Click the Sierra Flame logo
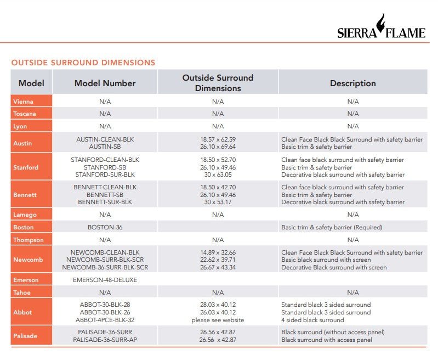pos(381,28)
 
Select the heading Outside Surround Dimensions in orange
pos(83,63)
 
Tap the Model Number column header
pos(105,83)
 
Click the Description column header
pos(352,83)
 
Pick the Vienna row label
pos(23,102)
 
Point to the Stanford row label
pos(26,167)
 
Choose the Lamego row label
pos(25,215)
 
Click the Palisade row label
pos(26,336)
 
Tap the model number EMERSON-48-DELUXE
pos(105,280)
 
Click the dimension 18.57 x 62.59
pos(218,139)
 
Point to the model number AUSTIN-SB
pos(105,147)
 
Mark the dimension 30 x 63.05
pos(218,175)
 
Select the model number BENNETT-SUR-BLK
pos(105,202)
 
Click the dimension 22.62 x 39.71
pos(218,260)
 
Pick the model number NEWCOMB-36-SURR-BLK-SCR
pos(105,267)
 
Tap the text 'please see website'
pos(218,320)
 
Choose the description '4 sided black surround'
pos(312,320)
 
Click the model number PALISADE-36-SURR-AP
pos(105,340)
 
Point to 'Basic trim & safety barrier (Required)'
pos(332,227)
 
